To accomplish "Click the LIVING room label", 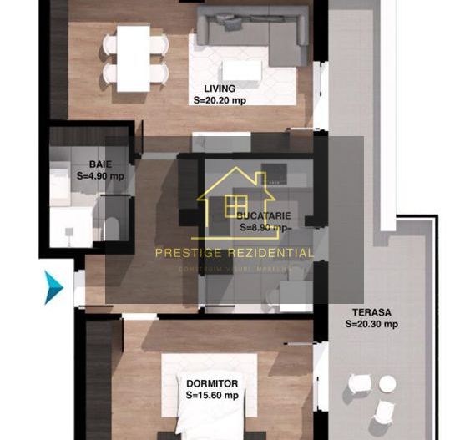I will pyautogui.click(x=220, y=88).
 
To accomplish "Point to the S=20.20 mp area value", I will pyautogui.click(x=220, y=99).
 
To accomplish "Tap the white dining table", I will pyautogui.click(x=133, y=58).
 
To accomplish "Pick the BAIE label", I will pyautogui.click(x=100, y=164).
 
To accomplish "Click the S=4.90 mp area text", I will pyautogui.click(x=100, y=176).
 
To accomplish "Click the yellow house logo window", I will pyautogui.click(x=236, y=205).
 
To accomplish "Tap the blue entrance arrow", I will pyautogui.click(x=53, y=286).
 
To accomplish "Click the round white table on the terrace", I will pyautogui.click(x=387, y=383).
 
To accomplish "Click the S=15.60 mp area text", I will pyautogui.click(x=212, y=395).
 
